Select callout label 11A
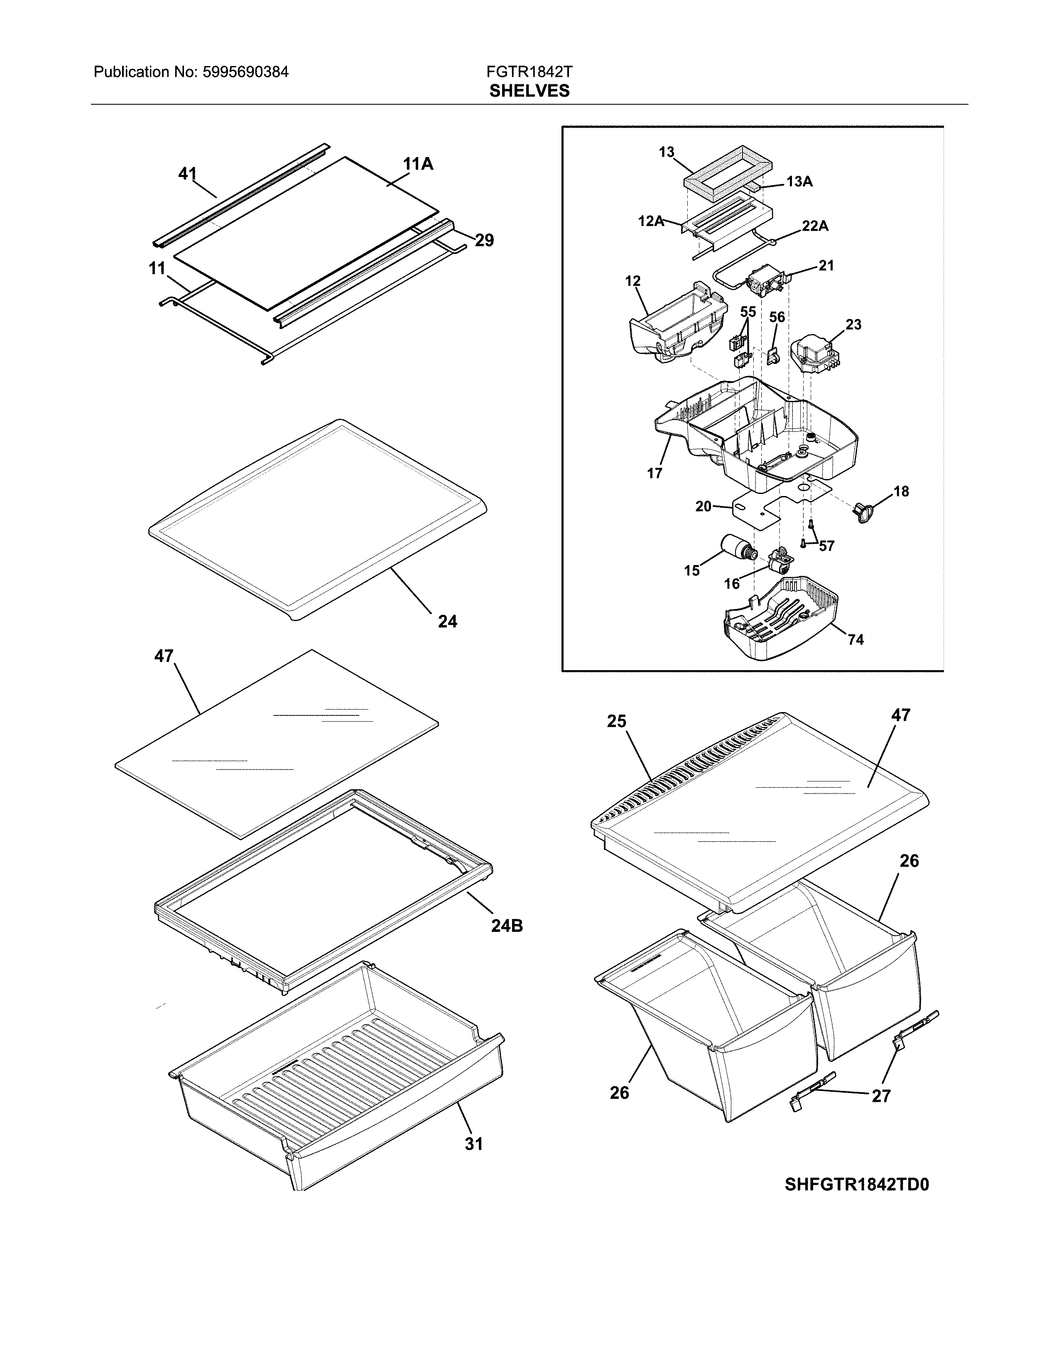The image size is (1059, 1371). [418, 165]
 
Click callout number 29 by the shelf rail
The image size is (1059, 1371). [484, 241]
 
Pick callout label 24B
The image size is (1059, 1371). [507, 926]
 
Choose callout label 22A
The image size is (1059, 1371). [814, 226]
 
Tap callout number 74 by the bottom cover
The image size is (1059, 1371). [856, 640]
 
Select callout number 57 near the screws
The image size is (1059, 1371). [826, 546]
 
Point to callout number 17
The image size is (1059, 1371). [655, 473]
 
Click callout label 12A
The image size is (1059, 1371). [651, 221]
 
